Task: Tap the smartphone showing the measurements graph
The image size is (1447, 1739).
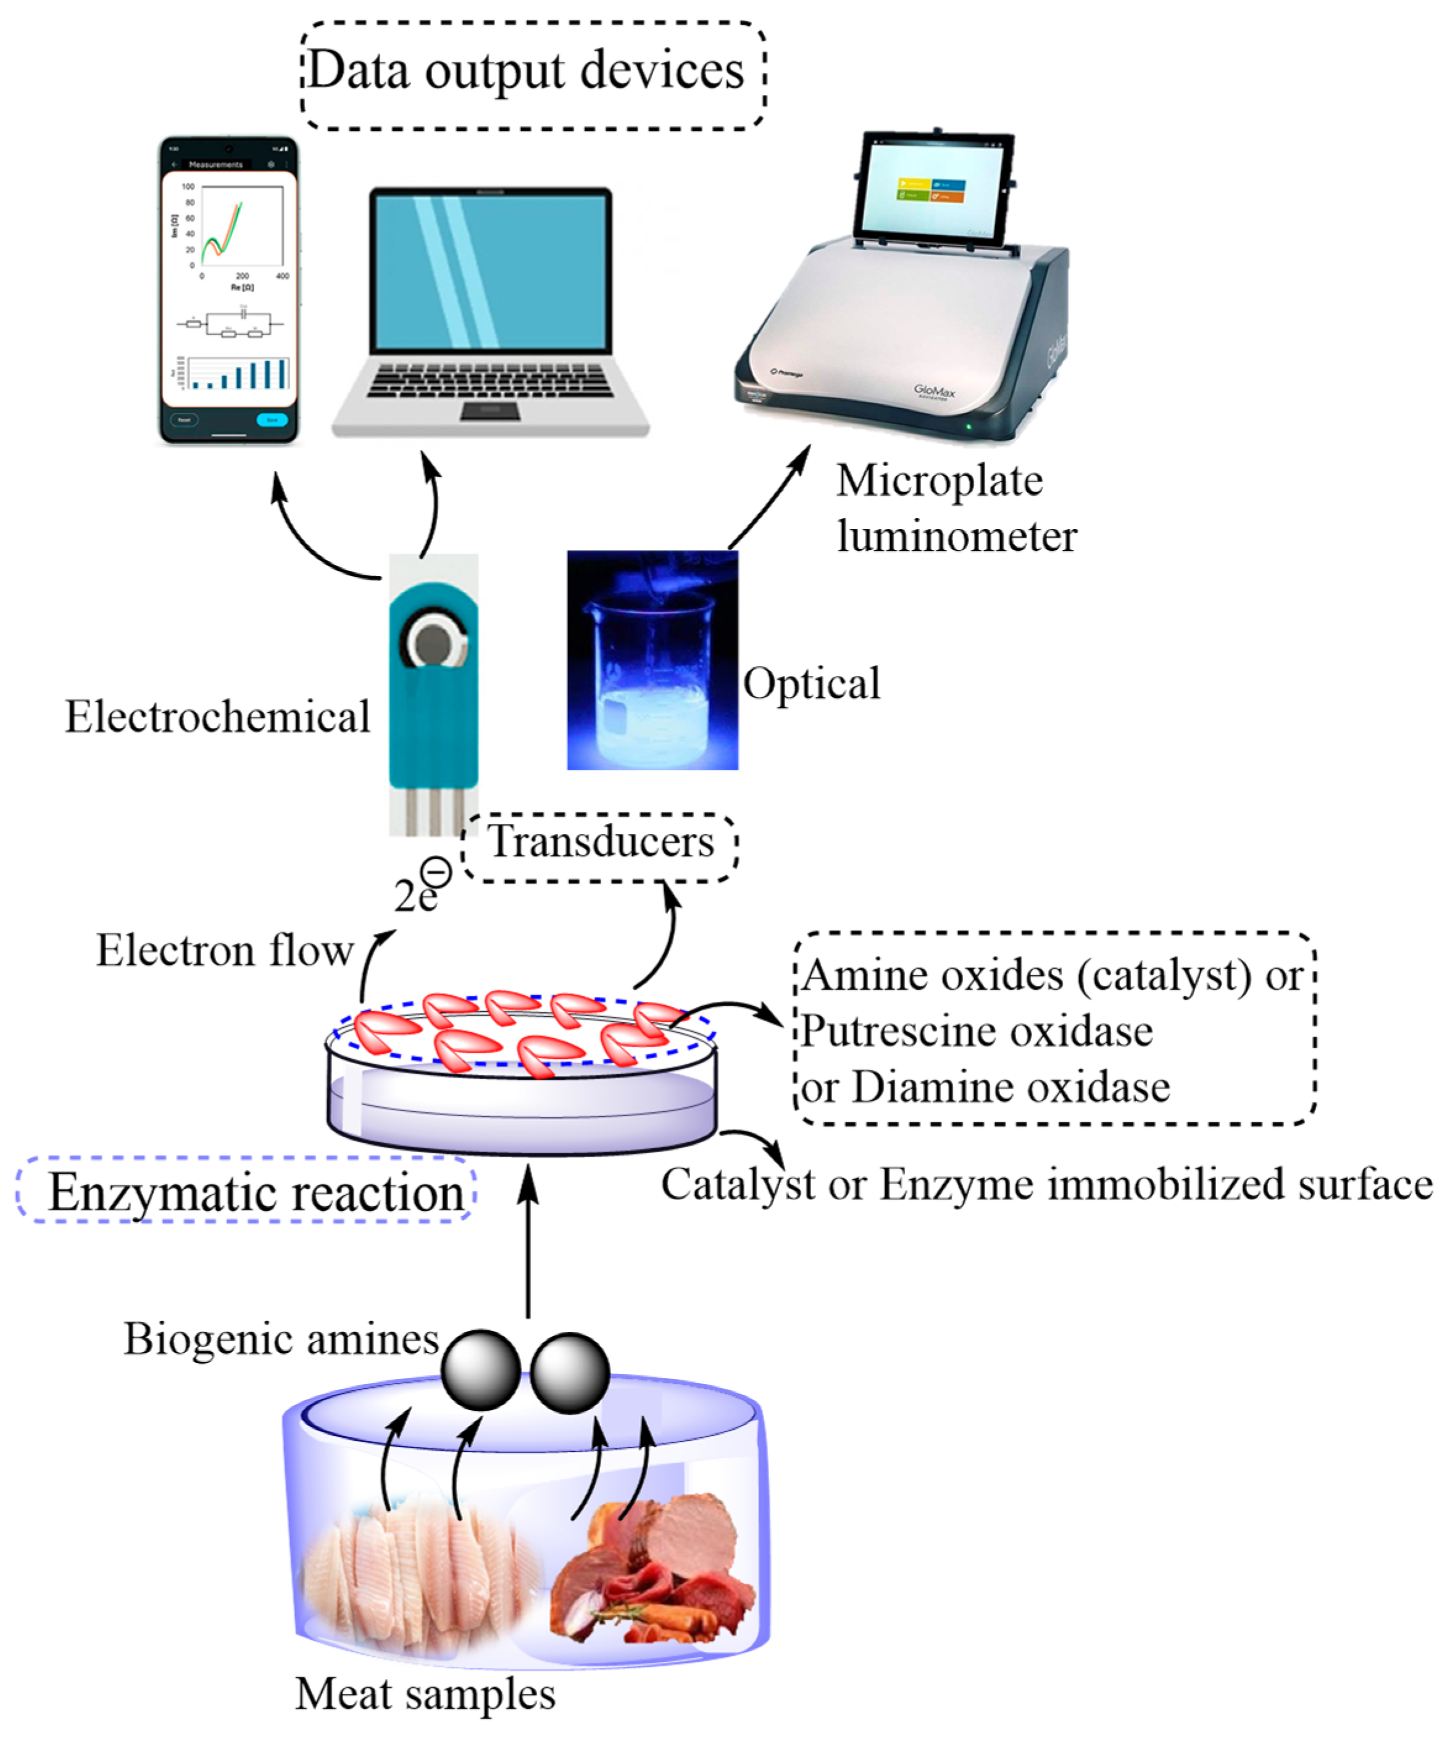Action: tap(228, 290)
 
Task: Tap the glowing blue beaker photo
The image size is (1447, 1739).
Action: tap(652, 660)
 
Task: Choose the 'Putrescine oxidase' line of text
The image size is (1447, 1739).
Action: tap(977, 1031)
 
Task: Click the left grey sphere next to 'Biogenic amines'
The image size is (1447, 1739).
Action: tap(480, 1370)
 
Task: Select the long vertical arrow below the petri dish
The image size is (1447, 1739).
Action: tap(528, 1242)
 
